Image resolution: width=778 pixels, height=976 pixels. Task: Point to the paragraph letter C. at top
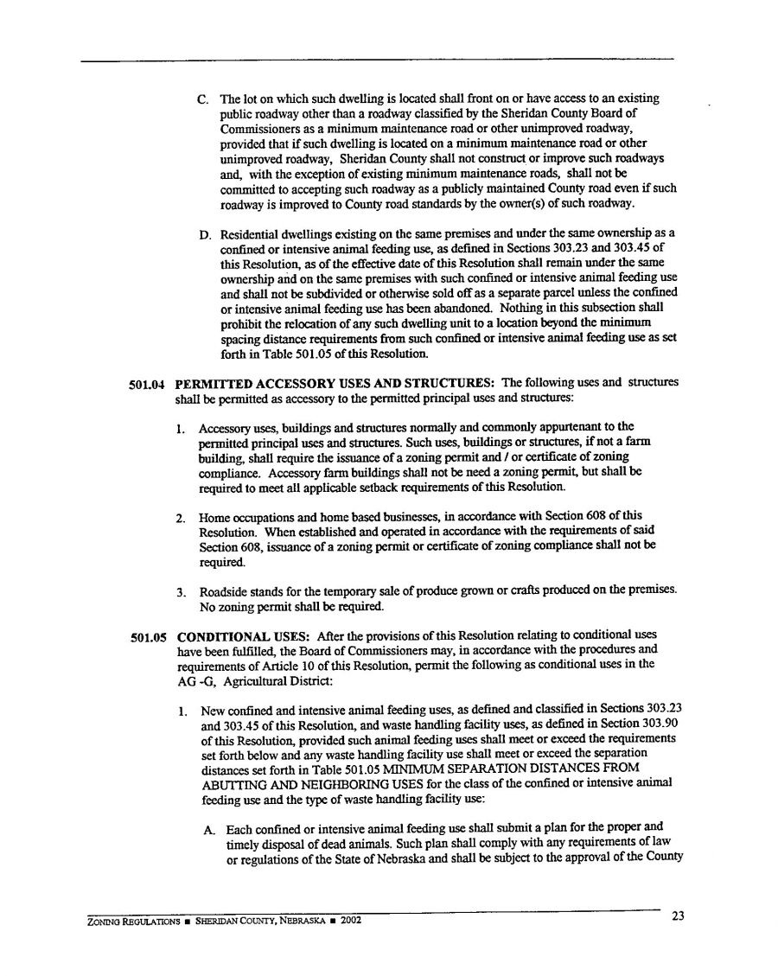pyautogui.click(x=203, y=99)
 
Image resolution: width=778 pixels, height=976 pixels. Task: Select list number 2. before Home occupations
pyautogui.click(x=181, y=518)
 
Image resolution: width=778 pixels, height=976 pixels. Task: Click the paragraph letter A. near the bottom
pyautogui.click(x=209, y=828)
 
